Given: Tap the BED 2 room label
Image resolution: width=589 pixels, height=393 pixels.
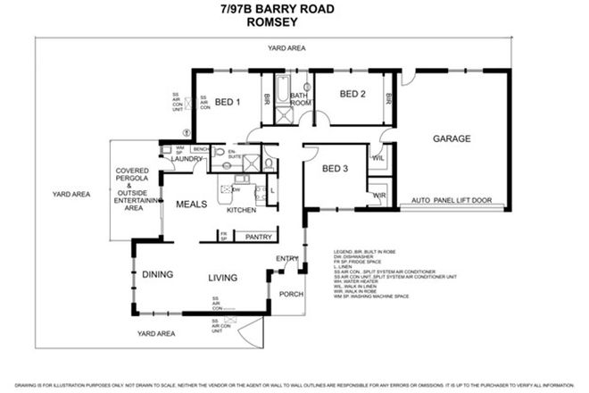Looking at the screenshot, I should pyautogui.click(x=353, y=95).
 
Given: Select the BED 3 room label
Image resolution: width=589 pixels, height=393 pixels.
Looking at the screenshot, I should pyautogui.click(x=334, y=170).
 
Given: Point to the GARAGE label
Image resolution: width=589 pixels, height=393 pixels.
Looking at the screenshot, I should pyautogui.click(x=452, y=139).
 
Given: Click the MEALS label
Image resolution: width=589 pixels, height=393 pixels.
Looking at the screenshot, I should pyautogui.click(x=192, y=205).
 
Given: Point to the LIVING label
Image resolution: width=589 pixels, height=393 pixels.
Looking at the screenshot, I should pyautogui.click(x=223, y=278).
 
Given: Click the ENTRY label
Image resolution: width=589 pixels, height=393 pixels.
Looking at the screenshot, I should pyautogui.click(x=287, y=260).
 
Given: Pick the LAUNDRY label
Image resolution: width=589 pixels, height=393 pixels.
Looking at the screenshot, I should pyautogui.click(x=187, y=159).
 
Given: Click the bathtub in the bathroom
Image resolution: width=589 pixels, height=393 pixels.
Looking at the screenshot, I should pyautogui.click(x=283, y=92).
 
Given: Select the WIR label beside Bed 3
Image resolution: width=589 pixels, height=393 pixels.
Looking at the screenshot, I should pyautogui.click(x=378, y=196).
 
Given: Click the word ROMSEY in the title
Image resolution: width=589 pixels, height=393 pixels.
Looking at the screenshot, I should pyautogui.click(x=294, y=25).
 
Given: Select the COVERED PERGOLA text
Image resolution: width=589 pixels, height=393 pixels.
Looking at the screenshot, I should pyautogui.click(x=136, y=179).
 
